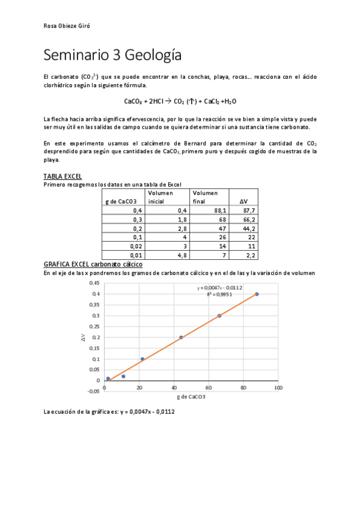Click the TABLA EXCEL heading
point(63,176)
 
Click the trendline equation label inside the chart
point(219,288)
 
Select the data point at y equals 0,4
point(257,294)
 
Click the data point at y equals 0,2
point(181,337)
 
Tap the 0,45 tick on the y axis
point(94,283)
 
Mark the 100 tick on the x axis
point(278,389)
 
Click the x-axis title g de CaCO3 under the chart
point(191,398)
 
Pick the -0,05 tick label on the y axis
point(93,392)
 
